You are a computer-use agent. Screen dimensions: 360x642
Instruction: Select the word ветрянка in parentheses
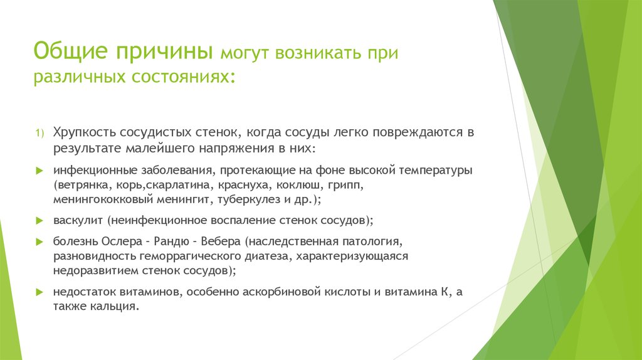[79, 186]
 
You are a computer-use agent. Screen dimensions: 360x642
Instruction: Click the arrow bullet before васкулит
[39, 221]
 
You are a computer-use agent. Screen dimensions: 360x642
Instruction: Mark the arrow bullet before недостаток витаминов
[39, 292]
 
